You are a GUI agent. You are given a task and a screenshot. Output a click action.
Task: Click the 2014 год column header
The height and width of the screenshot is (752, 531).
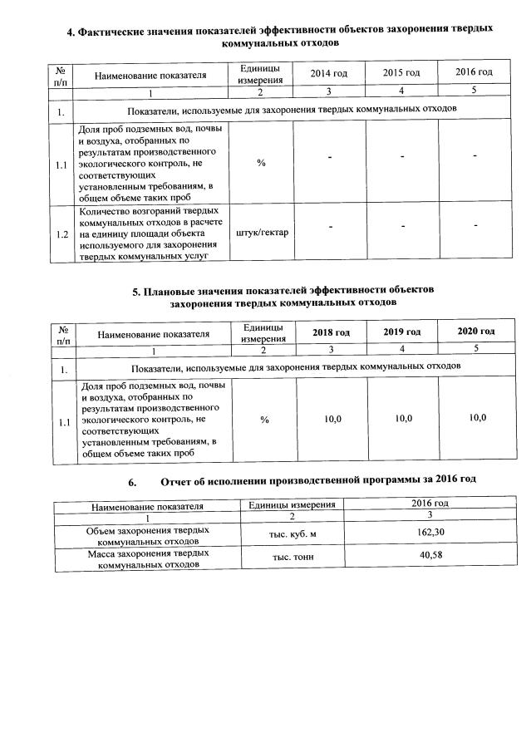[x=328, y=74]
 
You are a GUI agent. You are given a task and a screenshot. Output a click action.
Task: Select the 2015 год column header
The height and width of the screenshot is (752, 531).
[x=401, y=74]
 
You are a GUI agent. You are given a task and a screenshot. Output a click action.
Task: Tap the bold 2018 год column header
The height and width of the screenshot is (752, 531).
[x=331, y=332]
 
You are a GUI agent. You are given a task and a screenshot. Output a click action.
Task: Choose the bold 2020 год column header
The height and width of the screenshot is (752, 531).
[x=476, y=332]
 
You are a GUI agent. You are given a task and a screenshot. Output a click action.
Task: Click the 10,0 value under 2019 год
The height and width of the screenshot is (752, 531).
[x=404, y=419]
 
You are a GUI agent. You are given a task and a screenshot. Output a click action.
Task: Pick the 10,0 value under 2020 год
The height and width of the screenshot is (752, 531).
[x=477, y=418]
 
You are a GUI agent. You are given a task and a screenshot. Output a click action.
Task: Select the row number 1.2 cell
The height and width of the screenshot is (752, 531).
[x=61, y=233]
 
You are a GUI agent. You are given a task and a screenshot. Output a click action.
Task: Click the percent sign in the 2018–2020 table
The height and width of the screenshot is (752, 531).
[x=263, y=420]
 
